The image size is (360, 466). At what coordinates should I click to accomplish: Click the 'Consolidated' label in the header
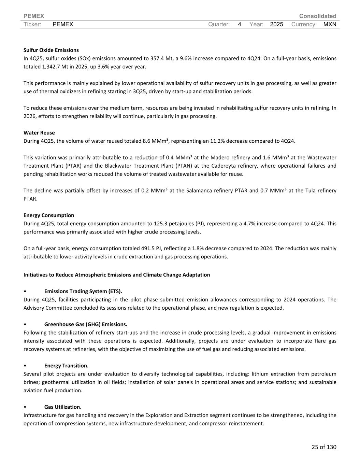point(317,16)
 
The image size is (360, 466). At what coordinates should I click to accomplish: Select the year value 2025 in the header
point(276,24)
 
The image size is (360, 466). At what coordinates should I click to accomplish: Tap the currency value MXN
point(330,24)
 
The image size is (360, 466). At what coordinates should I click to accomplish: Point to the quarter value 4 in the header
point(240,24)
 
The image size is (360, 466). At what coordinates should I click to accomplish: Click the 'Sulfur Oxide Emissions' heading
point(51,50)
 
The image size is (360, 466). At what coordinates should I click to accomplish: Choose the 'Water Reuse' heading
point(39,133)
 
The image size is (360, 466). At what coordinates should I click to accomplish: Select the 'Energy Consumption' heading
point(49,215)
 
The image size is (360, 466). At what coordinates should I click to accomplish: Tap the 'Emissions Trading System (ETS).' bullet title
point(83,291)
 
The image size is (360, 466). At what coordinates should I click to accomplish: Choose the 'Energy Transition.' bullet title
point(66,366)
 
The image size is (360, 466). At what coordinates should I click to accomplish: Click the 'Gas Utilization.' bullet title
point(63,407)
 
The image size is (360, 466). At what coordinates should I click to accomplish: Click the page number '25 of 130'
point(324,447)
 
